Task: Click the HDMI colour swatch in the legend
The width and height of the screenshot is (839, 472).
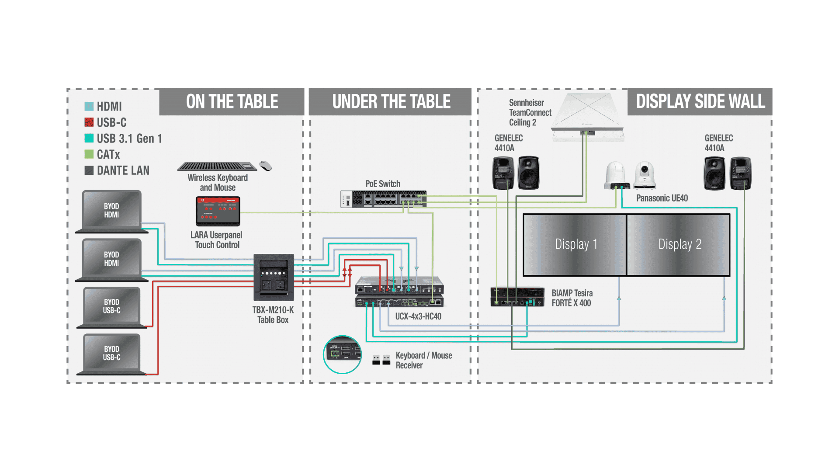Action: (x=89, y=106)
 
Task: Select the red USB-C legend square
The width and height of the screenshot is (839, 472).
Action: (x=89, y=122)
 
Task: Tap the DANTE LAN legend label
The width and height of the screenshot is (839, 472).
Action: (x=123, y=170)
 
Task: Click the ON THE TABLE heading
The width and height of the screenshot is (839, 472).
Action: (x=232, y=101)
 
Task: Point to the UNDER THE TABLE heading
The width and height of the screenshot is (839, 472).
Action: (x=391, y=101)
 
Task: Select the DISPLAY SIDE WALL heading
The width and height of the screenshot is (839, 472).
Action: (x=700, y=101)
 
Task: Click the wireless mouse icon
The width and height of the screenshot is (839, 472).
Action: (x=265, y=166)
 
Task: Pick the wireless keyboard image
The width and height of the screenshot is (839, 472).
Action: (x=217, y=166)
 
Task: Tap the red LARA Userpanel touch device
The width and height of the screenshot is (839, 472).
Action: (x=218, y=211)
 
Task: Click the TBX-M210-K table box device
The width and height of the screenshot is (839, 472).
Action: (x=274, y=277)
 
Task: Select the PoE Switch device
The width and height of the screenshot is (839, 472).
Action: (x=383, y=199)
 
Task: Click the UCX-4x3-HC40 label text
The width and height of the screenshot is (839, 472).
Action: (x=418, y=316)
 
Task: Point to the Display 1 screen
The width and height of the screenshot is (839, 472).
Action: (x=575, y=245)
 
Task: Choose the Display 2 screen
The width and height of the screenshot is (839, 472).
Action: (x=679, y=245)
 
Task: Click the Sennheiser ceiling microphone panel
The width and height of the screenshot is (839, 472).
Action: (x=588, y=116)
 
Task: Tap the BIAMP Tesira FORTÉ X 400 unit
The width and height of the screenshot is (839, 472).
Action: (x=517, y=297)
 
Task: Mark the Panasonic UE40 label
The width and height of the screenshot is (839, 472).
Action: (x=662, y=198)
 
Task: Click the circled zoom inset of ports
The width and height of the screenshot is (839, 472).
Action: (x=343, y=354)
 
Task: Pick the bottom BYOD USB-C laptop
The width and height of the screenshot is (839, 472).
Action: (x=112, y=354)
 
